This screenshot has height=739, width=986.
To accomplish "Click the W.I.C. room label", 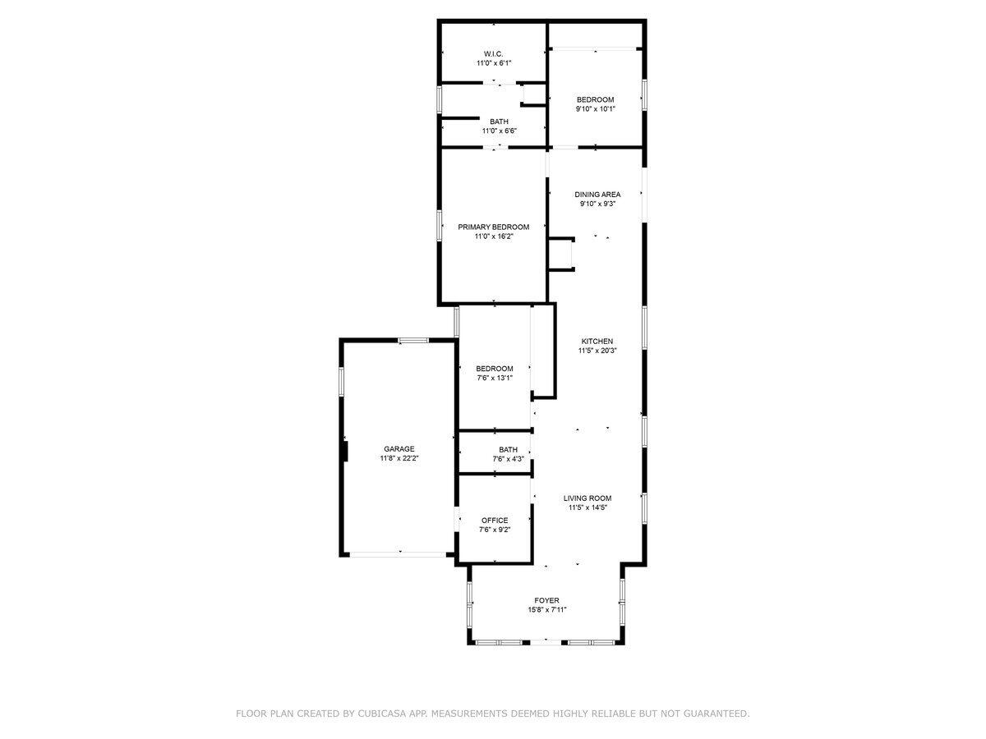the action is click(x=493, y=54).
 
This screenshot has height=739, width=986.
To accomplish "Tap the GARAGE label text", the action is click(x=399, y=448).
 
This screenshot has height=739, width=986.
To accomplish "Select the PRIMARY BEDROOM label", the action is click(x=493, y=227).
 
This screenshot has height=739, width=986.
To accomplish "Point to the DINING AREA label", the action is click(x=597, y=195).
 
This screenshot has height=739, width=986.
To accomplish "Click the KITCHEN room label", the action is click(x=597, y=341).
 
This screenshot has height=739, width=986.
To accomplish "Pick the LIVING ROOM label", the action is click(x=587, y=498).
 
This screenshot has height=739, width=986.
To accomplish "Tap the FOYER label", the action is click(x=546, y=600).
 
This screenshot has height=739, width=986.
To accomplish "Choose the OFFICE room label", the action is click(x=495, y=521).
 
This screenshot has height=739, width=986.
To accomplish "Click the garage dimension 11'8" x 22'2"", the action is click(x=399, y=458).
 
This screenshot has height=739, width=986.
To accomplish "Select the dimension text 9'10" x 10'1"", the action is click(x=595, y=108).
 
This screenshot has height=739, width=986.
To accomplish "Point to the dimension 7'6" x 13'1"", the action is click(x=495, y=378).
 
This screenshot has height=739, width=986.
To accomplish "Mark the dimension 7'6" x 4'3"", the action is click(x=508, y=459).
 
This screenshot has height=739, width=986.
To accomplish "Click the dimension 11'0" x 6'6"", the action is click(x=499, y=131).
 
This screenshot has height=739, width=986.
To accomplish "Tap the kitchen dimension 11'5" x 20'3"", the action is click(x=597, y=351).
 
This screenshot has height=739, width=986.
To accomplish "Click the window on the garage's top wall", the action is click(x=413, y=341).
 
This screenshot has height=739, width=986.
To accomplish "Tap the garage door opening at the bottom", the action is click(x=398, y=554).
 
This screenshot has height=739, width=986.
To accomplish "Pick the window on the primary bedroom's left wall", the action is click(x=440, y=226).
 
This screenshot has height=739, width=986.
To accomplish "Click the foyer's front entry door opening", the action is click(x=546, y=643).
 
